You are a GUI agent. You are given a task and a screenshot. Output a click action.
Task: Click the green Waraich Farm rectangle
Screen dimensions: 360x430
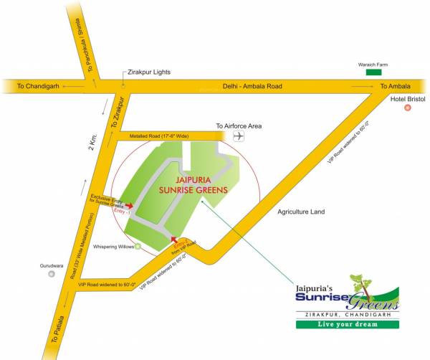373,72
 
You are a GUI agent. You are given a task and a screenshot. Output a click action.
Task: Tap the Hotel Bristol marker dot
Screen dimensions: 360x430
407,108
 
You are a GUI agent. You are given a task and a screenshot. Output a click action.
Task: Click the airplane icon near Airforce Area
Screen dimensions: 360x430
239,135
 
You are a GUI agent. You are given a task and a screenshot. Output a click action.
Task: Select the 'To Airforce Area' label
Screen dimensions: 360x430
239,125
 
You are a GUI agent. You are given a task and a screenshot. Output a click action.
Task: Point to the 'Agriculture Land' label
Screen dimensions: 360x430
302,212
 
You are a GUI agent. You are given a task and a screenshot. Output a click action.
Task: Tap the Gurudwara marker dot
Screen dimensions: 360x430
50,274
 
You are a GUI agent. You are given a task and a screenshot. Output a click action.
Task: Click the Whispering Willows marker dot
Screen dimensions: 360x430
138,247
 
